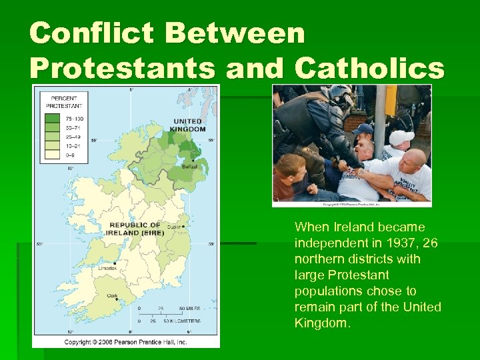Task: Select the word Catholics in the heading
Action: pyautogui.click(x=369, y=67)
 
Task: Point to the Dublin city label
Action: pyautogui.click(x=175, y=227)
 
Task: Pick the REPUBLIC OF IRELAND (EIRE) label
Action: pyautogui.click(x=135, y=228)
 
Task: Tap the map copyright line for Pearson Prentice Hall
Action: pyautogui.click(x=125, y=343)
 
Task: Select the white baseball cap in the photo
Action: pyautogui.click(x=402, y=138)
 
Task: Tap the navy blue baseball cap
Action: pyautogui.click(x=363, y=129)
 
